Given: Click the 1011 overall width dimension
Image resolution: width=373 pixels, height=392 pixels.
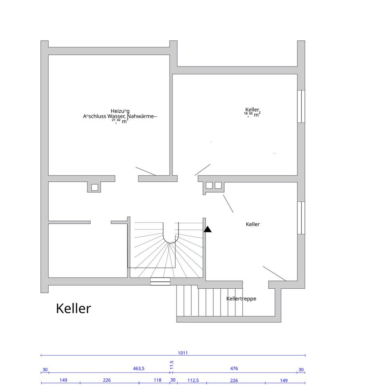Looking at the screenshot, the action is pyautogui.click(x=183, y=353).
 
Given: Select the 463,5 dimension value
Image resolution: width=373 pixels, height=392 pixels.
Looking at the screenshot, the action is pyautogui.click(x=138, y=369).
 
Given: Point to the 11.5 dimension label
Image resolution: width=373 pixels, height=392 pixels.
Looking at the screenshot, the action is pyautogui.click(x=172, y=363).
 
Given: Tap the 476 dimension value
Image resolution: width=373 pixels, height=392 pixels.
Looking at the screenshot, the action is pyautogui.click(x=234, y=369).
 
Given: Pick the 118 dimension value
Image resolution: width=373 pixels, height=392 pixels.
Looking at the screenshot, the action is pyautogui.click(x=157, y=380).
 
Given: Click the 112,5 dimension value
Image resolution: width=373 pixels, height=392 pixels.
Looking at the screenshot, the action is pyautogui.click(x=193, y=380).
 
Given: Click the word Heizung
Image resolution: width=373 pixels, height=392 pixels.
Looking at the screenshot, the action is pyautogui.click(x=120, y=111).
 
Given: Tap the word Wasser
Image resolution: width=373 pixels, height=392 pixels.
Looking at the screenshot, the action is pyautogui.click(x=116, y=116).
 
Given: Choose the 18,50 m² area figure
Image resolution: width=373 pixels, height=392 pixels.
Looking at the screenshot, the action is pyautogui.click(x=252, y=115).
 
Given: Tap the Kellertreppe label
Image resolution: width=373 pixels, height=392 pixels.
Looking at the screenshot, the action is pyautogui.click(x=241, y=298).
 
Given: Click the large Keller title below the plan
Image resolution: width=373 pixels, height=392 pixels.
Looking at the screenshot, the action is pyautogui.click(x=73, y=309).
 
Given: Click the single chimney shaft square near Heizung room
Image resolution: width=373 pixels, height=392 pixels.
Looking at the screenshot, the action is pyautogui.click(x=94, y=187).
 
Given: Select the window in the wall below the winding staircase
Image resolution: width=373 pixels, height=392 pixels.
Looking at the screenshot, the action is pyautogui.click(x=160, y=281).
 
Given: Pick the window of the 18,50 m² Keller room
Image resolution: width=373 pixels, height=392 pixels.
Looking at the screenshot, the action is pyautogui.click(x=301, y=106).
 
